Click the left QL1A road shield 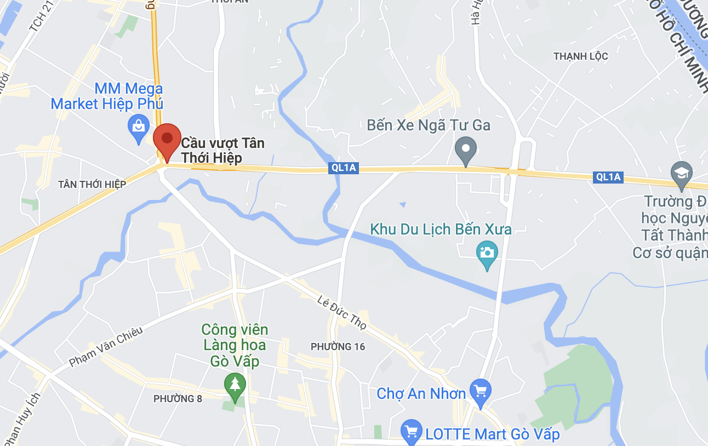(344, 168)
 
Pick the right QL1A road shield (608, 176)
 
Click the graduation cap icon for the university (681, 173)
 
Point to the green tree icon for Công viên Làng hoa (235, 384)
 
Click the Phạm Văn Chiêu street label (106, 347)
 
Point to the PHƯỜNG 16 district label (338, 346)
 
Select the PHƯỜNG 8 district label (178, 398)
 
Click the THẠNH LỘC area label (580, 56)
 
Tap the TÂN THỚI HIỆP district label (92, 184)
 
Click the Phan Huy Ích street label (22, 420)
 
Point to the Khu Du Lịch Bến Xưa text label (441, 229)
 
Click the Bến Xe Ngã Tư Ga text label (429, 125)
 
